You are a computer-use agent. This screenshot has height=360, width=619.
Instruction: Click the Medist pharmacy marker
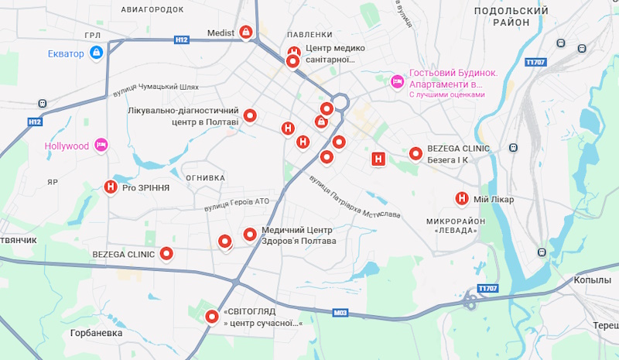pos(246,33)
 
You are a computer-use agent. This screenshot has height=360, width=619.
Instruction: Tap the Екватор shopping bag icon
pos(97,53)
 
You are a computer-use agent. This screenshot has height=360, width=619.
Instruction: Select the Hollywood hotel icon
pos(101,146)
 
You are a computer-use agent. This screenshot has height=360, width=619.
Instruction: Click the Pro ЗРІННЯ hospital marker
pos(111,187)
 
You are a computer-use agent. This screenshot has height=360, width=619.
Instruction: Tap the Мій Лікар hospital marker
pos(462,199)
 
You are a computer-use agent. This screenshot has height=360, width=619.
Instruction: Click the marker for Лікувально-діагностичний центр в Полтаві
pos(250,117)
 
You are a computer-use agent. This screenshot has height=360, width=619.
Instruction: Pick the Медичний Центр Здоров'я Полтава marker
pos(250,235)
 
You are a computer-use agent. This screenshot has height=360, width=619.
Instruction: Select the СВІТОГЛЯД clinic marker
pos(212,317)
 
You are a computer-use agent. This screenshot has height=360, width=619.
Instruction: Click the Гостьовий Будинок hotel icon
pos(397,81)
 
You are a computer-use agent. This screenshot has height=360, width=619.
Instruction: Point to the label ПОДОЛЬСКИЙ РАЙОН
pos(511,16)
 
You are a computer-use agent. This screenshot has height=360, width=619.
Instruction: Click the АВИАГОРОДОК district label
pos(152,9)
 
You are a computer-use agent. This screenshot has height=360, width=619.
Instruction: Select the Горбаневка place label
pos(96,333)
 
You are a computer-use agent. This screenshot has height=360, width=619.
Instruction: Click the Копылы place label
pos(593,280)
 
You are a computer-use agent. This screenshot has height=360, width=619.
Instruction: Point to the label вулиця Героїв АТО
pos(237,202)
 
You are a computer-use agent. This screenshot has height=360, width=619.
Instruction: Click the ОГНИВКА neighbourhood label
pos(205,178)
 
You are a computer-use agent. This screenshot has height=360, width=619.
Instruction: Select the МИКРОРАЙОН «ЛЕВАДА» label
pos(455,226)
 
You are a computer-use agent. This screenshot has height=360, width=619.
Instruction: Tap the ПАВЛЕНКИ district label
pos(309,35)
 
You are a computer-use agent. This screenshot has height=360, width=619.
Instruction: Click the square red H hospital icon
pos(378,159)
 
